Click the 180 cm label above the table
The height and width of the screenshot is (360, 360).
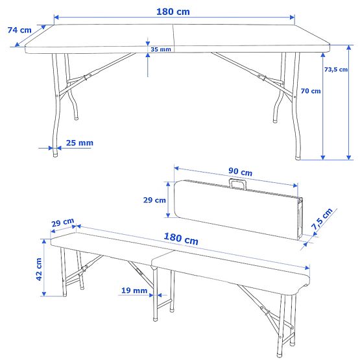coord(174,11)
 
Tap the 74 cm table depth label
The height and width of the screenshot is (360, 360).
coord(19,30)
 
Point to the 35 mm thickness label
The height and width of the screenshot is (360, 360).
coord(160,49)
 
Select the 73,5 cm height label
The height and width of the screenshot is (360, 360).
coord(335,70)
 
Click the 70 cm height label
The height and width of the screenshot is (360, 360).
coord(311,91)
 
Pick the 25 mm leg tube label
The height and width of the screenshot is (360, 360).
coord(79,143)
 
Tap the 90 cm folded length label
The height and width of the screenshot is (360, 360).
coord(240,172)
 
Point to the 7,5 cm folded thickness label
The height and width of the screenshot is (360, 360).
coord(322,219)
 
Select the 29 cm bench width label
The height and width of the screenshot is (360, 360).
coord(63,224)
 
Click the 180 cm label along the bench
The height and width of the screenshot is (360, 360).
coord(182,239)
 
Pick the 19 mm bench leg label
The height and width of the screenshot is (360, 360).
coord(134,291)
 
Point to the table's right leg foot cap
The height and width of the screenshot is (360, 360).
coord(299,156)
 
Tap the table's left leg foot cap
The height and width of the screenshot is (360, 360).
coord(56,153)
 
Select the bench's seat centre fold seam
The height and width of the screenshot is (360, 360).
coord(151,263)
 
